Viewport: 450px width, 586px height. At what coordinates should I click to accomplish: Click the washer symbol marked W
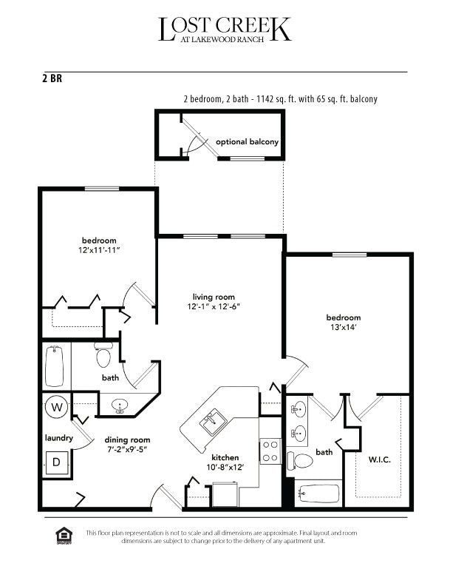tap(56, 406)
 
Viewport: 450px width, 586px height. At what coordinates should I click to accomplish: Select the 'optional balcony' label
tap(247, 141)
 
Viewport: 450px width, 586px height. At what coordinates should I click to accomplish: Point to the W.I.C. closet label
tap(379, 459)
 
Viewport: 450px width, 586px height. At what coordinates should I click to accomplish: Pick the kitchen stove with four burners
tap(270, 451)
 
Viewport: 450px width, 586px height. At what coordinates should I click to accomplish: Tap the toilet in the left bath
tap(103, 357)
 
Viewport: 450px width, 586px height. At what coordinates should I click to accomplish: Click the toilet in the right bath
tap(301, 460)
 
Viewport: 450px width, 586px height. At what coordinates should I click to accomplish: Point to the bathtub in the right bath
tap(318, 493)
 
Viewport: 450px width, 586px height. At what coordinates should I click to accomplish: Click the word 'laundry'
tap(59, 438)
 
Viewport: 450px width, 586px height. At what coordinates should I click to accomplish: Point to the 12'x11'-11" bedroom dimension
tap(100, 250)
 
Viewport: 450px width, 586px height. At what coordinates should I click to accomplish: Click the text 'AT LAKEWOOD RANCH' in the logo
tap(225, 41)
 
